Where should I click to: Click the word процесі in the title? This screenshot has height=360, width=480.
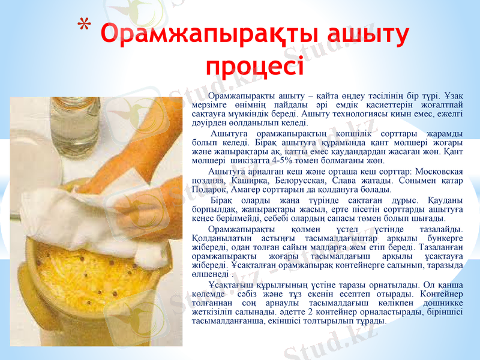point(254,62)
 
